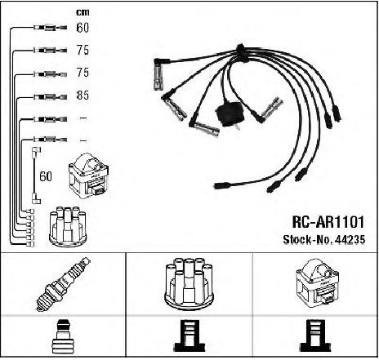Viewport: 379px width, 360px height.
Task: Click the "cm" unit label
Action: pos(82,12)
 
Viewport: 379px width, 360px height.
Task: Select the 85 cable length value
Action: pos(82,96)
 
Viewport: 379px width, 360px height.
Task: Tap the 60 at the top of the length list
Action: pos(82,28)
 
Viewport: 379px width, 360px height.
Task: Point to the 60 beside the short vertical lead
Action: pos(46,176)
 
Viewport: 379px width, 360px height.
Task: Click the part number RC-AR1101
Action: pos(328,222)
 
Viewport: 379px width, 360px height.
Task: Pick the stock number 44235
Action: pos(350,239)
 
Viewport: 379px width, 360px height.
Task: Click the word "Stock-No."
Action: pos(308,239)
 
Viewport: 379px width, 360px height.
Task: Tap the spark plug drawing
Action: pos(63,284)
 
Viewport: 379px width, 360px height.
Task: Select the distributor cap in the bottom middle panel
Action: pos(189,283)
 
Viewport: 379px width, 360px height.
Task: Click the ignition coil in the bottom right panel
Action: pos(316,283)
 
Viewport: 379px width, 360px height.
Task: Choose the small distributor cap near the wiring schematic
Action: pos(68,227)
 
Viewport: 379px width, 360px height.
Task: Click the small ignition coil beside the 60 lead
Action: pos(89,176)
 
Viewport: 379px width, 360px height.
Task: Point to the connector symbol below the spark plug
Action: pos(63,337)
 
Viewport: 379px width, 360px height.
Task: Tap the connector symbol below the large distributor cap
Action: pos(189,336)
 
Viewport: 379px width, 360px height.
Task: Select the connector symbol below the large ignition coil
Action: pos(316,336)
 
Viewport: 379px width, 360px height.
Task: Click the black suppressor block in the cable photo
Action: pos(230,113)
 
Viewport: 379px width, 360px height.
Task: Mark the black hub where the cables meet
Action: pos(241,51)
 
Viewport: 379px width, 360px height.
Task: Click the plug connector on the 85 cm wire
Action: pos(51,96)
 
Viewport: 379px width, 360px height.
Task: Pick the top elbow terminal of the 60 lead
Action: pos(37,150)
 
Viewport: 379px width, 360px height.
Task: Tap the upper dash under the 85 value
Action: pos(83,118)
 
